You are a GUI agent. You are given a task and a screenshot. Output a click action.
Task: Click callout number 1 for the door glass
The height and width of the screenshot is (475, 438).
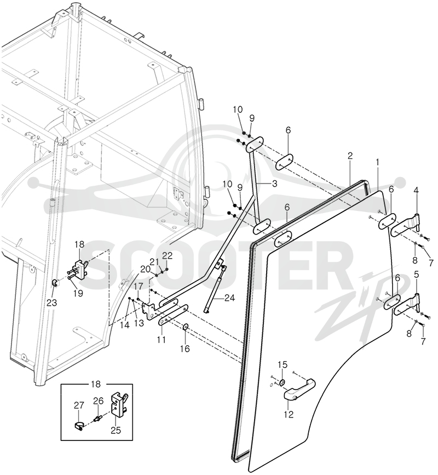coord(377,163)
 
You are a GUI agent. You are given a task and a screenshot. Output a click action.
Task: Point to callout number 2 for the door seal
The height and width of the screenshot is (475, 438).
coord(350,156)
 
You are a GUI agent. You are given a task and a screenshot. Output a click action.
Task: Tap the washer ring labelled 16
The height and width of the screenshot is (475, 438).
coord(186,327)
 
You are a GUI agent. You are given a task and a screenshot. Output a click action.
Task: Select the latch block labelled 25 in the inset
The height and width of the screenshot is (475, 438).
coord(119,405)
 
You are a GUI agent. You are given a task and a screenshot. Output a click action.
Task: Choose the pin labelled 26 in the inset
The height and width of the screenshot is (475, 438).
coord(98,419)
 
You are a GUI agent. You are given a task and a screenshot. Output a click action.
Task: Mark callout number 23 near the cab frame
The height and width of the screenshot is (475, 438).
coord(52,302)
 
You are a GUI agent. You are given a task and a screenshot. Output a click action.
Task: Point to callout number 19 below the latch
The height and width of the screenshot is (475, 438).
coord(78,294)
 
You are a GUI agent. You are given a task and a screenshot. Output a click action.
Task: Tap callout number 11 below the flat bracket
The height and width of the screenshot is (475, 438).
coord(162,340)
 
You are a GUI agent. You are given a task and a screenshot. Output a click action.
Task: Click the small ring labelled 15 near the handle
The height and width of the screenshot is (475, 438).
coord(282,382)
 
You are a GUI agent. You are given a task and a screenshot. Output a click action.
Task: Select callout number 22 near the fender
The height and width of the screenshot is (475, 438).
coord(167,256)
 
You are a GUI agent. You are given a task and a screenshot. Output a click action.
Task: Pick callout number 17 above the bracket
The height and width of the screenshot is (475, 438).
coord(138,286)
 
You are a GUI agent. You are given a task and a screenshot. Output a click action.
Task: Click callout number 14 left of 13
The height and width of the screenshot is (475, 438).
coord(124,325)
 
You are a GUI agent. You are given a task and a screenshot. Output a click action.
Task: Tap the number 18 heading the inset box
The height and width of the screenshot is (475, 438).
coord(95,385)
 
